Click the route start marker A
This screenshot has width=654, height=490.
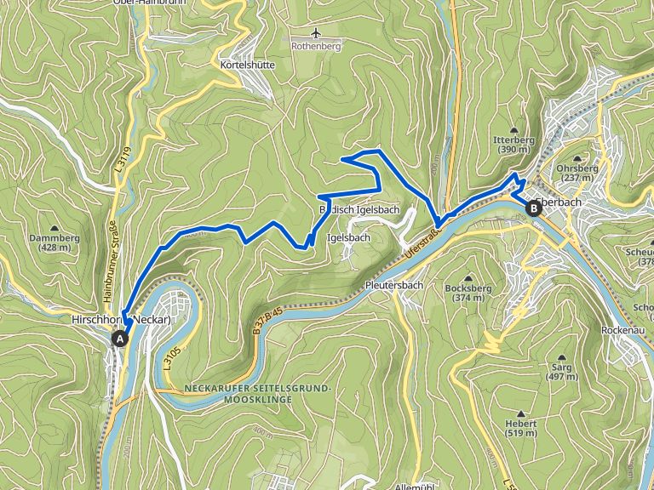[x=120, y=339]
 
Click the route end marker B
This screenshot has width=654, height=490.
[x=534, y=207]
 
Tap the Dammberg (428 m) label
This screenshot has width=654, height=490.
[x=54, y=242]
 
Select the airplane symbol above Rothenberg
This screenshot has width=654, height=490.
[x=316, y=33]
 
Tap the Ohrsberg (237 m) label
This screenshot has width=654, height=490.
[x=577, y=173]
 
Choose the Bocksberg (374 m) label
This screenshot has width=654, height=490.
[x=470, y=293]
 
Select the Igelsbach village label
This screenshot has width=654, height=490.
[x=348, y=238]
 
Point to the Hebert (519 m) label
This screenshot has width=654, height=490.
[x=520, y=428]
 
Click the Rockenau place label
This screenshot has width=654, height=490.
[x=624, y=329]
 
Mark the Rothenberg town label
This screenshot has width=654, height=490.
[x=316, y=47]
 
